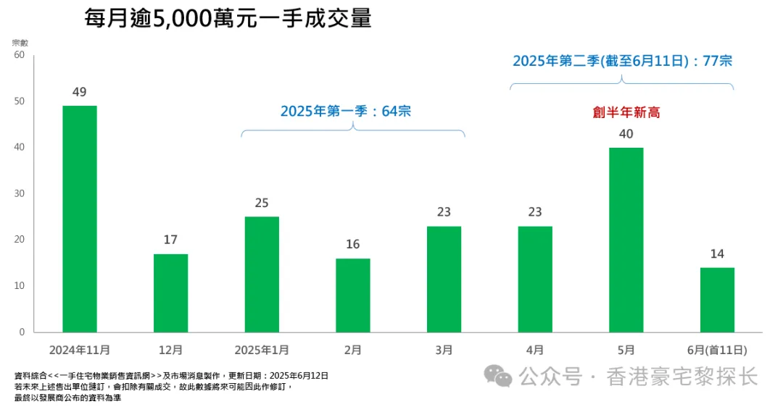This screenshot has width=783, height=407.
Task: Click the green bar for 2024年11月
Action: tap(80, 219)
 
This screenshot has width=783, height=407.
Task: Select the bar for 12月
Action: tap(170, 293)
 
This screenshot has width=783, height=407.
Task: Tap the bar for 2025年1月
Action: tap(262, 274)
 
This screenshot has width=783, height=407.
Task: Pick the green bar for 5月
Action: tap(626, 240)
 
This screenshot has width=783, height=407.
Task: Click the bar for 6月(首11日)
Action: tap(717, 299)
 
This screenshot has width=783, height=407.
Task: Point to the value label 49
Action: tap(80, 92)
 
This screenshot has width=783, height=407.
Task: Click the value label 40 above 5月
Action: tap(626, 134)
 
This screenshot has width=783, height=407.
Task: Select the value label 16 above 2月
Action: tap(353, 245)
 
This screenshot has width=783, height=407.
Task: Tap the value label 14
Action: tap(717, 254)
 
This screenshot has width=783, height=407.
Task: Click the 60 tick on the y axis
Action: tap(19, 55)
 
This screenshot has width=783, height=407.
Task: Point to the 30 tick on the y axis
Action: tap(19, 193)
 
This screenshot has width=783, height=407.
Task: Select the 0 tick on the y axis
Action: tap(22, 332)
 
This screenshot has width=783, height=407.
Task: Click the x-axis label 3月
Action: tap(444, 350)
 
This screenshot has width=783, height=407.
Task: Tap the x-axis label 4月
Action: tap(535, 350)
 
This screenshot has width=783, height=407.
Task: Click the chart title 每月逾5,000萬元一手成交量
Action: tap(228, 18)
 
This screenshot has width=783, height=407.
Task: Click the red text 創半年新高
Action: tap(626, 112)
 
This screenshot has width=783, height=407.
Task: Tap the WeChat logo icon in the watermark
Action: tap(498, 376)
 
